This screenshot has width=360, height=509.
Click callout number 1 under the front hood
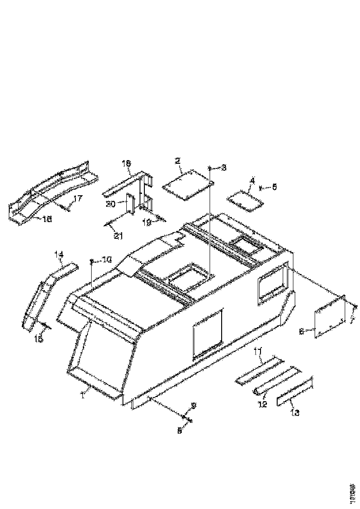[x=83, y=395]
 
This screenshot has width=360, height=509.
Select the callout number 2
[x=177, y=161]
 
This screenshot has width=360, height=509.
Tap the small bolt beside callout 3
[x=210, y=168]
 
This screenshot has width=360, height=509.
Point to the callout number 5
[x=274, y=187]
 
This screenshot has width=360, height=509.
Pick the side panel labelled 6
[x=330, y=317]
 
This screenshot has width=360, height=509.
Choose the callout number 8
[x=180, y=430]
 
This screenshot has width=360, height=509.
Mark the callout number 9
[x=193, y=406]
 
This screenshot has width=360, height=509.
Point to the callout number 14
[x=59, y=254]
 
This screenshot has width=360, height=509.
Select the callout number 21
[x=118, y=236]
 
